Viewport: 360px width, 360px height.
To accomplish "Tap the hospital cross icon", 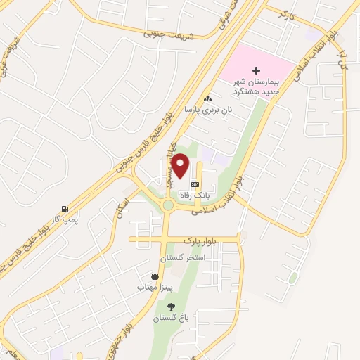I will tap(256, 70).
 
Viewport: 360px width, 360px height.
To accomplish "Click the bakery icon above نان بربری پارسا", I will tap(207, 98).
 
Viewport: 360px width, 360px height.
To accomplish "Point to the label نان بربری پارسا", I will tap(207, 110).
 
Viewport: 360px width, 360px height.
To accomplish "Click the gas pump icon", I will tap(65, 209).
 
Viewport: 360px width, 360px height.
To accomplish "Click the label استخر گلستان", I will tap(183, 257).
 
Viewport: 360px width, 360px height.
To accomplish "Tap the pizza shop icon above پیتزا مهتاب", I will tap(155, 276).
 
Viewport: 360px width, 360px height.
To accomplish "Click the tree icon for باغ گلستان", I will tap(172, 306).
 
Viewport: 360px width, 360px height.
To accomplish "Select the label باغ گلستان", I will tap(172, 318).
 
